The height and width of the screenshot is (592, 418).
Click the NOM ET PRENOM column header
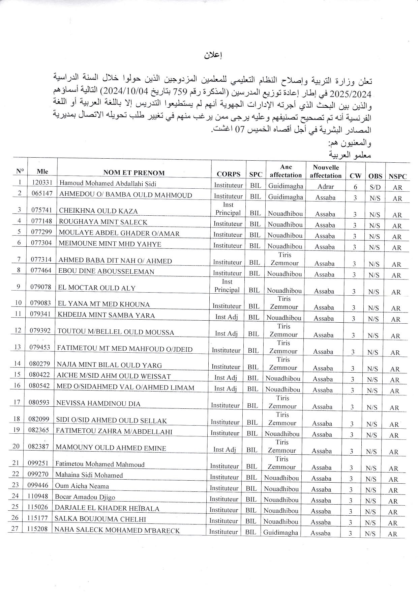click(134, 173)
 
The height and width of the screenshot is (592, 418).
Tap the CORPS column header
click(229, 174)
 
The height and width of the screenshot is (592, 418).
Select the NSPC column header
click(397, 176)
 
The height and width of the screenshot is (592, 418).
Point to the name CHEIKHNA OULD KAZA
click(98, 211)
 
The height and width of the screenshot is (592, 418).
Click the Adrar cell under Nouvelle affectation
click(326, 187)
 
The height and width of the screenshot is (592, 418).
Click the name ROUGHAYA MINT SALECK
click(103, 222)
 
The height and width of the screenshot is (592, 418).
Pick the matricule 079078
click(40, 287)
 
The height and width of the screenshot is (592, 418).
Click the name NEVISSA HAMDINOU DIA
click(98, 403)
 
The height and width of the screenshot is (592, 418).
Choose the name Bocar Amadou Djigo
click(85, 497)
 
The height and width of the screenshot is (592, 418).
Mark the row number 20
click(16, 446)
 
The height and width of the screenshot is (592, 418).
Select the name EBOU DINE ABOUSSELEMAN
click(106, 271)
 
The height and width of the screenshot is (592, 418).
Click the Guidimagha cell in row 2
click(286, 197)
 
